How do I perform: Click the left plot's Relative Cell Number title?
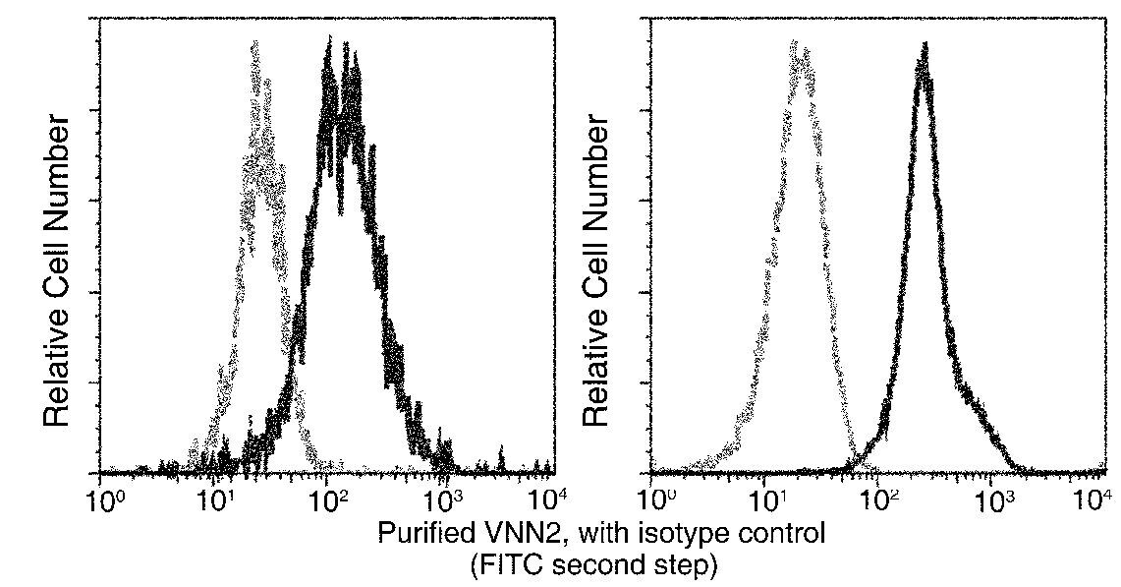point(57,269)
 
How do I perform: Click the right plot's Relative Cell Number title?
point(597,269)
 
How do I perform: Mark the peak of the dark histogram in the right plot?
point(924,45)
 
